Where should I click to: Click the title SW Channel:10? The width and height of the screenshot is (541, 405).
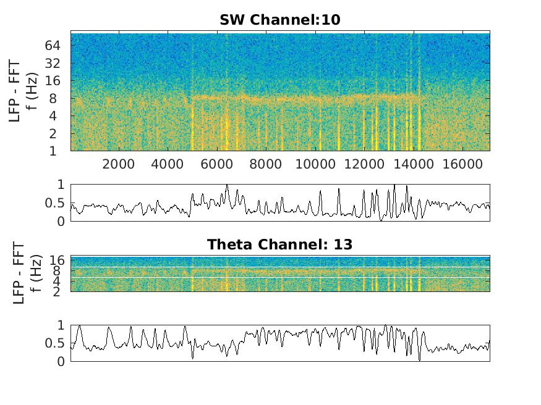[279, 20]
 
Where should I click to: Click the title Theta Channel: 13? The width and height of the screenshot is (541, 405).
[279, 244]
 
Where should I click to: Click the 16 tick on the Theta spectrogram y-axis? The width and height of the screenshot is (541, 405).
[58, 261]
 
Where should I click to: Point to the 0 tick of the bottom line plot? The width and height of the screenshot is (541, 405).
[60, 362]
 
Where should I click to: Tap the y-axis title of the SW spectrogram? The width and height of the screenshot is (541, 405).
[23, 91]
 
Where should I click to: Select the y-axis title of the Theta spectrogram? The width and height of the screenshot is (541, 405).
[23, 273]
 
